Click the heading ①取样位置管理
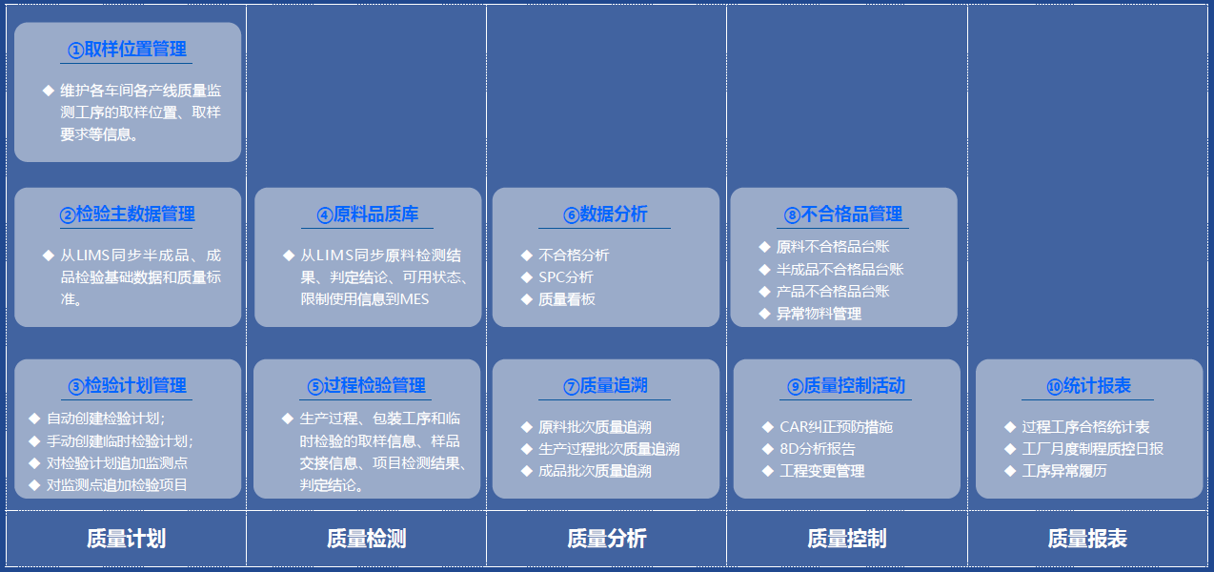point(127,50)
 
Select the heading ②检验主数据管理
point(127,214)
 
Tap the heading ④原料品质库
point(368,214)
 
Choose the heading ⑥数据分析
point(605,214)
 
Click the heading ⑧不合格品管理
point(843,214)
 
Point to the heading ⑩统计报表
point(1088,385)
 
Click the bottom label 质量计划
point(127,539)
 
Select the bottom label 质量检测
point(366,539)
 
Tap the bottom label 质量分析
point(606,539)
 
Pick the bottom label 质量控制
point(846,539)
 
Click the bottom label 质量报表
point(1087,539)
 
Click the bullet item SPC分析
point(566,277)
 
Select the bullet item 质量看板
point(566,299)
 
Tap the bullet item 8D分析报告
point(818,449)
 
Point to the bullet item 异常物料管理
point(819,314)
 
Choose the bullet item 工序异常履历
point(1064,471)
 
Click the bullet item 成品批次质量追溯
point(595,471)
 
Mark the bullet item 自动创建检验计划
point(104,419)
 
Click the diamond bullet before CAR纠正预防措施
point(767,427)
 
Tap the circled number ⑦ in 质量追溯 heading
point(571,386)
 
